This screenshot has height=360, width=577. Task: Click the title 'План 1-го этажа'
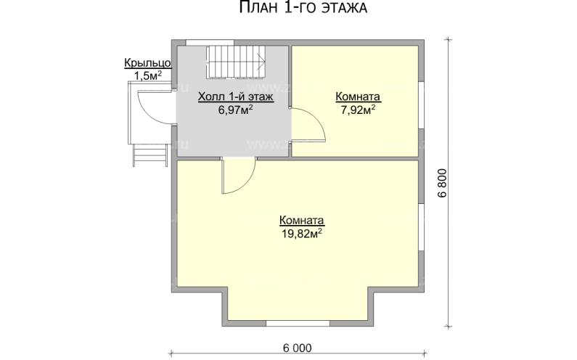tap(303, 7)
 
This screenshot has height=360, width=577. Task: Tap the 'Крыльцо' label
tap(147, 63)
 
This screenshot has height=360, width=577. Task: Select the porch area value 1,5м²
tap(147, 75)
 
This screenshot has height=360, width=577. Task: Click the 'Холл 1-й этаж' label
tap(235, 97)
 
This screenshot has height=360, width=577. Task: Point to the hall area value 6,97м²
tap(235, 110)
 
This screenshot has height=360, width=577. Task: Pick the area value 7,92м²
tap(358, 110)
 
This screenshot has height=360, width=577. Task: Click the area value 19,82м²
tap(302, 233)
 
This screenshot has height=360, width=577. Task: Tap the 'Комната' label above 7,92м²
tap(358, 97)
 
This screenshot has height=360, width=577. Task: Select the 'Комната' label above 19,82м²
tap(302, 220)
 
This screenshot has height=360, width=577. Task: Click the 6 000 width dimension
tap(298, 348)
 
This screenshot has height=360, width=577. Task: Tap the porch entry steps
tap(150, 155)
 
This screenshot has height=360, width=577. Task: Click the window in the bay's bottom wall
tap(298, 323)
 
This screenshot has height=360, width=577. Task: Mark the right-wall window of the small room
tap(422, 105)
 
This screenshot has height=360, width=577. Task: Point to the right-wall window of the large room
tap(422, 227)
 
